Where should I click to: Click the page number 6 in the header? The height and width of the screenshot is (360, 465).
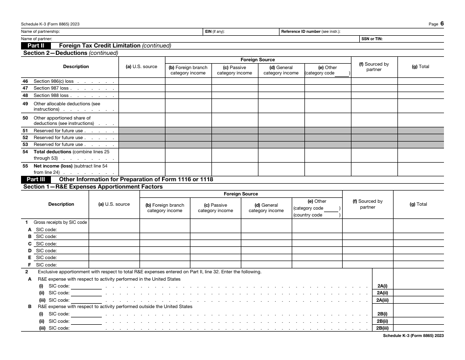[442, 24]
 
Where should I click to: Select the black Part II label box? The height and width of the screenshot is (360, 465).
[36, 46]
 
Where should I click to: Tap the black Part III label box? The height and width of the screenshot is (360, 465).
[36, 179]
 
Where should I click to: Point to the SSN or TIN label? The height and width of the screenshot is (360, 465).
[372, 39]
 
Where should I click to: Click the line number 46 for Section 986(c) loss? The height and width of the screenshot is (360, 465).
[25, 81]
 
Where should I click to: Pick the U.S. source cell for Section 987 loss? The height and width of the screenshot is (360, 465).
[142, 89]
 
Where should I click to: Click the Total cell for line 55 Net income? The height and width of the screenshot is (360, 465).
[420, 169]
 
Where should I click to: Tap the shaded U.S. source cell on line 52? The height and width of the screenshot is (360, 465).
[142, 138]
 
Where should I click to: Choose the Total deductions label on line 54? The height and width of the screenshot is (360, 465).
[52, 152]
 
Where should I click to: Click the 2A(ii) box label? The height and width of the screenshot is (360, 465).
[382, 293]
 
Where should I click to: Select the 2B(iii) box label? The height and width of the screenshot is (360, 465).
[382, 328]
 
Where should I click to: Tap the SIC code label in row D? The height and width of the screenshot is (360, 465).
[46, 250]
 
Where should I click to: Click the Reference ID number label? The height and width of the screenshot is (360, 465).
[301, 32]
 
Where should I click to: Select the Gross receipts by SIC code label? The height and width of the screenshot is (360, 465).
[60, 222]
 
